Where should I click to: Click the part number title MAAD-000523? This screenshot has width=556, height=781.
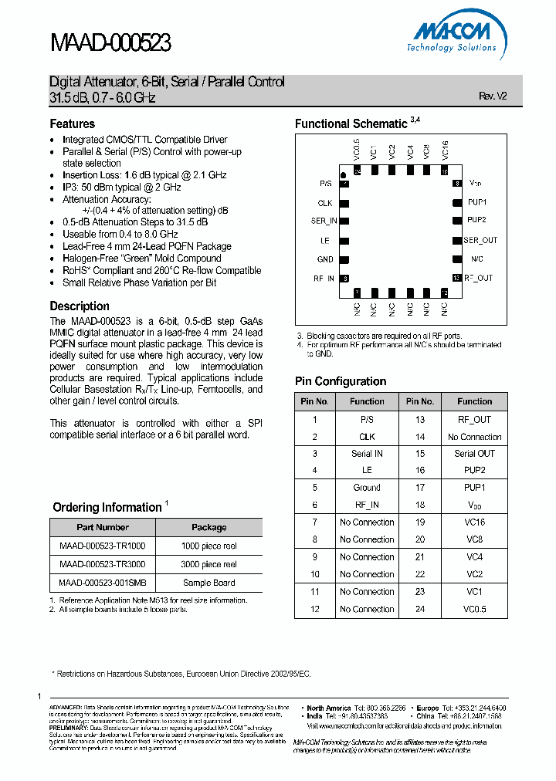point(110,42)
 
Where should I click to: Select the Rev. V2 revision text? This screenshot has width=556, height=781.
point(493,96)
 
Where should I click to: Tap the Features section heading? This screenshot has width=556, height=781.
point(73,123)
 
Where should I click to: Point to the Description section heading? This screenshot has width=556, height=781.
point(80,306)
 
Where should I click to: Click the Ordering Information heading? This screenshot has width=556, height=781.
point(107,507)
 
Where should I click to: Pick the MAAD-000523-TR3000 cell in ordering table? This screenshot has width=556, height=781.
point(102,564)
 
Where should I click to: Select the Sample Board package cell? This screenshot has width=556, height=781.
point(208,583)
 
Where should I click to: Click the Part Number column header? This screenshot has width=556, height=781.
point(103,527)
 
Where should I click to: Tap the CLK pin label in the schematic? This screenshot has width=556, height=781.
point(325,203)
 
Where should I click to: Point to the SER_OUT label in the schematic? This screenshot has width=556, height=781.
point(480,240)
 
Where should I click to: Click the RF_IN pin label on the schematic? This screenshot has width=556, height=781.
point(324,278)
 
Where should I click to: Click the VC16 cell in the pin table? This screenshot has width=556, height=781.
point(474,522)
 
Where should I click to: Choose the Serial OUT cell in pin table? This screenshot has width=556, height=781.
point(474,454)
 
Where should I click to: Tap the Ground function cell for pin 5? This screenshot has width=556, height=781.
point(367,488)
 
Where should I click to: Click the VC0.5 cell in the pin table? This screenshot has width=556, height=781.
point(474,609)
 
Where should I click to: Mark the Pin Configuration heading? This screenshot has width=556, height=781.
point(341,381)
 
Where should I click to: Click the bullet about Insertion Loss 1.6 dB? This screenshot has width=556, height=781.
point(144,175)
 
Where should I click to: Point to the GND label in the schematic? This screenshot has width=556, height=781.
point(325,259)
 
